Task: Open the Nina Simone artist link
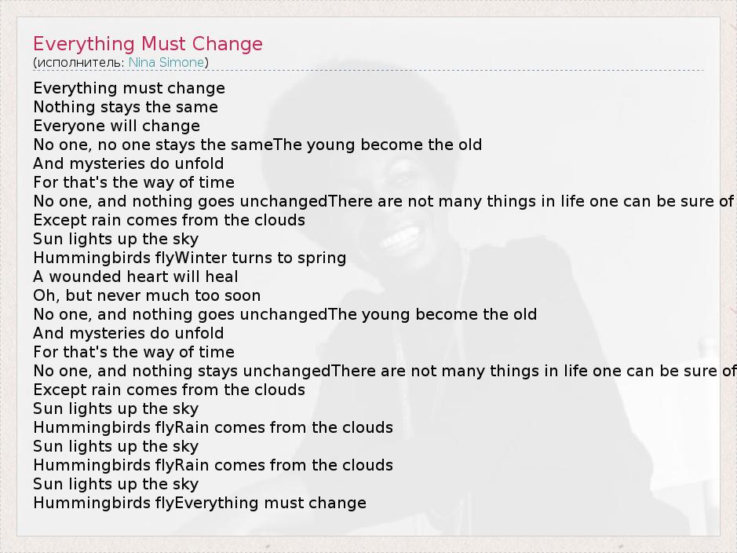166,62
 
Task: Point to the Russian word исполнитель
80,63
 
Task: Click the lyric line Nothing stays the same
126,107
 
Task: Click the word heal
221,276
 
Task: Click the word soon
242,296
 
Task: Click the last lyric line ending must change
200,504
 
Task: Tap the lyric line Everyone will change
117,126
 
